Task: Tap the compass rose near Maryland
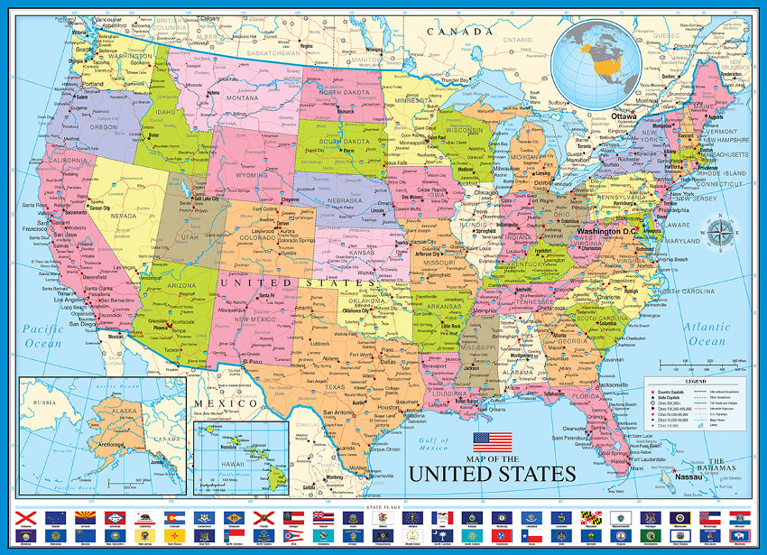719,234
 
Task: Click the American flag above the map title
492,443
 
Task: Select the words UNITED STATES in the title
492,474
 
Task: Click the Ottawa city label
624,116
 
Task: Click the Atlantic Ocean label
707,335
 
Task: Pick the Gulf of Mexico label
432,443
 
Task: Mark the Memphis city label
487,310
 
